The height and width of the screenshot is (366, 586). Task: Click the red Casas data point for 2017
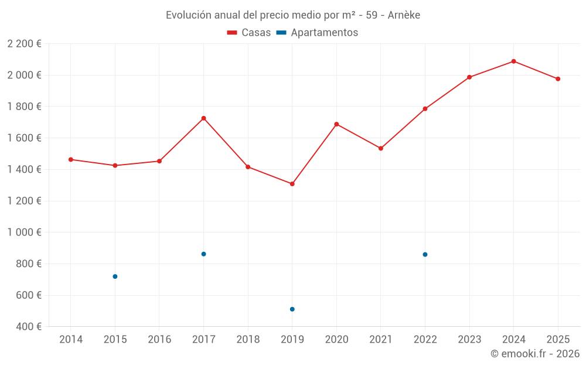point(203,118)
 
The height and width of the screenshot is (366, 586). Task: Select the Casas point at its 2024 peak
point(513,61)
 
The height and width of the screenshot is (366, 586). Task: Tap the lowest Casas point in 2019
point(292,184)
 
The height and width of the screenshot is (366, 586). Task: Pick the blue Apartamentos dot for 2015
point(115,276)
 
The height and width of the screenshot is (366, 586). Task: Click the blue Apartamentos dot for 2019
point(292,309)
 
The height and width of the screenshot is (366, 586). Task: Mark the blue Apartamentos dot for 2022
point(425,254)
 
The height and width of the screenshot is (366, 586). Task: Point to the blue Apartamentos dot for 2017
point(203,254)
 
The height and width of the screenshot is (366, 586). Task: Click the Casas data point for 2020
point(336,124)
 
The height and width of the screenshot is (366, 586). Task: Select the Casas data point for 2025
point(558,79)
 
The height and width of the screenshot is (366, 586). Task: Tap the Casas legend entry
point(249,33)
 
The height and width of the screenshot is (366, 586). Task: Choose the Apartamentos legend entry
point(317,33)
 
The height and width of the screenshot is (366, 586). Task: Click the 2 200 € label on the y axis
point(24,44)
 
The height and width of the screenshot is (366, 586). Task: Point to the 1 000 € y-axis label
point(24,232)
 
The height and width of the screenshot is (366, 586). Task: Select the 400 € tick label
point(28,327)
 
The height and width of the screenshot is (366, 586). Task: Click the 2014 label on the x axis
point(71,340)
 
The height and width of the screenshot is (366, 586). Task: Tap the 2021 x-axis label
point(381,340)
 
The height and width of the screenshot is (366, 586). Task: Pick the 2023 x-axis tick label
point(469,340)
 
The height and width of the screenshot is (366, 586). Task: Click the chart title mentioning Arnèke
point(293,15)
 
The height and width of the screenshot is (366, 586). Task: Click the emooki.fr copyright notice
point(534,354)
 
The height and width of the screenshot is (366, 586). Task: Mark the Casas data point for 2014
point(71,159)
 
